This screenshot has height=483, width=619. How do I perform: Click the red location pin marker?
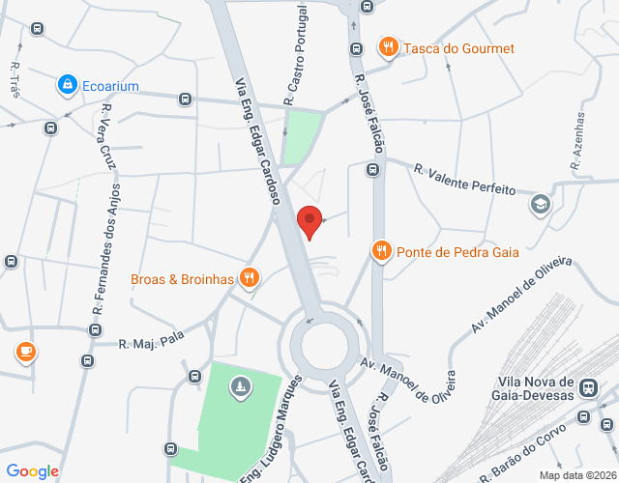(309, 221)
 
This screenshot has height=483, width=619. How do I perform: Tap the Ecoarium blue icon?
(67, 86)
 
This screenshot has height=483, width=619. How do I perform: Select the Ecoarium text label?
(109, 86)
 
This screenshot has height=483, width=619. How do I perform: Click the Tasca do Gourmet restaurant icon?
(388, 47)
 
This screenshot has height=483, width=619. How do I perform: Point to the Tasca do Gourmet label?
(458, 48)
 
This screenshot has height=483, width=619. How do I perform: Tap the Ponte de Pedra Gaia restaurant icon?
(382, 252)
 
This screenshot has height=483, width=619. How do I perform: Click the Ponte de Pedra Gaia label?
(457, 252)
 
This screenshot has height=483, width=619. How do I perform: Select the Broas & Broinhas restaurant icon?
(250, 279)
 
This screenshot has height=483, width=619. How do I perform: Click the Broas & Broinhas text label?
(183, 279)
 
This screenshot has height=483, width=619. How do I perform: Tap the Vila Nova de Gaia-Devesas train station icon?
(586, 387)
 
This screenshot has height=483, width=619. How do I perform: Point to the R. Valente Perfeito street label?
(464, 180)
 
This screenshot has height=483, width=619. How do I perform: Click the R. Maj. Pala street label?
(151, 341)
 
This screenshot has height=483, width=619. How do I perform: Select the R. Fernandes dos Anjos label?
(105, 251)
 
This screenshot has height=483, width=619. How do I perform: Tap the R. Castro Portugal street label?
(295, 54)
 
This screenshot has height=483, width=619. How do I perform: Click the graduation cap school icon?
(540, 204)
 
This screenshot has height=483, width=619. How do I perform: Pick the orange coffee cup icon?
(25, 353)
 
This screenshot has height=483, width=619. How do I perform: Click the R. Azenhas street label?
(578, 144)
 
